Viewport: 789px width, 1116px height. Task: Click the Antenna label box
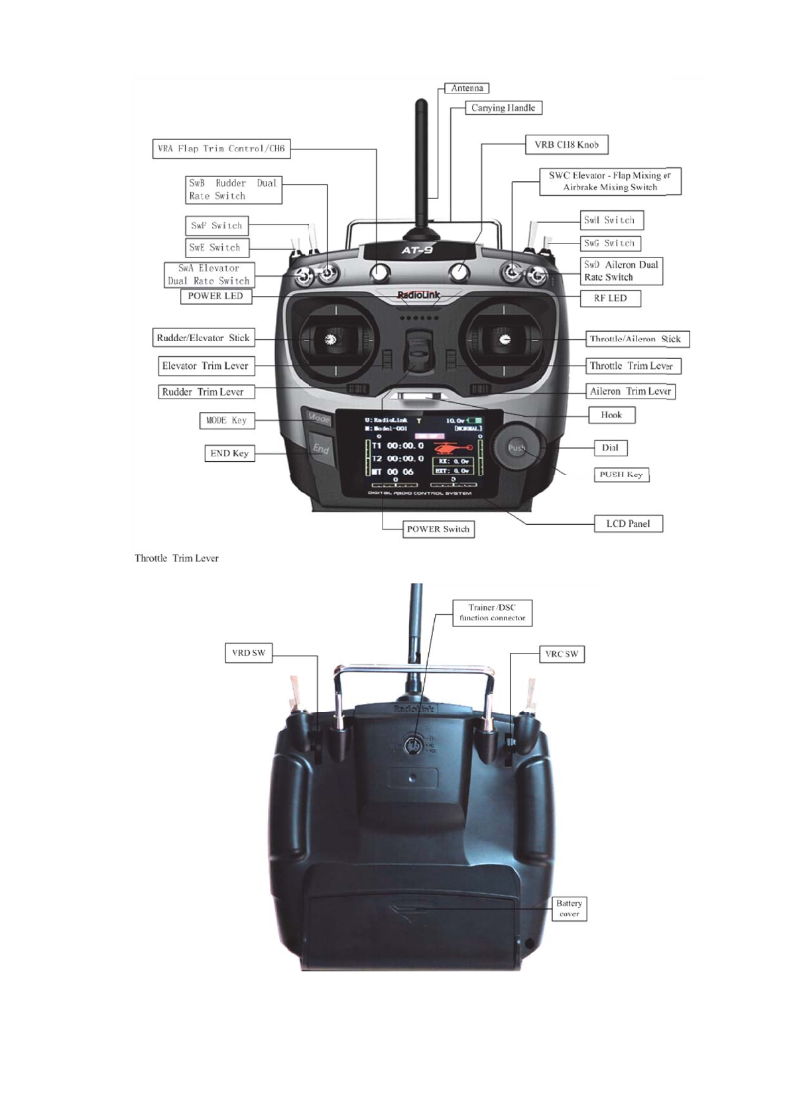click(x=466, y=88)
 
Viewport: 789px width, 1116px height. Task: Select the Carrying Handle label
click(x=503, y=108)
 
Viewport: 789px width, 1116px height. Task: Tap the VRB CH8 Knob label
click(x=566, y=145)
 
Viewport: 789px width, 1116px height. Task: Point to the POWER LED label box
click(x=215, y=296)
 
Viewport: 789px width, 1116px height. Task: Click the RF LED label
click(x=610, y=299)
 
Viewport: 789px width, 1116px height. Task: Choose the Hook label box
click(x=611, y=415)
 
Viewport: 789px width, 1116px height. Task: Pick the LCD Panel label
click(x=628, y=524)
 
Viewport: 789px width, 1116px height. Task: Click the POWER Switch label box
click(x=438, y=529)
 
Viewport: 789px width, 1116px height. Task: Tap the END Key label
click(x=229, y=453)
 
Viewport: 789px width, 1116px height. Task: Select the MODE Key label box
click(x=226, y=421)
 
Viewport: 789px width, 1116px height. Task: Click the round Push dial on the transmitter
click(x=517, y=448)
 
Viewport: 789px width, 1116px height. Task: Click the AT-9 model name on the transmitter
click(x=417, y=250)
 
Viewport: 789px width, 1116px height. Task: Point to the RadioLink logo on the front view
click(x=418, y=295)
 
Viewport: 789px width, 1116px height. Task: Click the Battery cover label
click(x=569, y=909)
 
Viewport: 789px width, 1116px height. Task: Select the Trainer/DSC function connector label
click(x=492, y=612)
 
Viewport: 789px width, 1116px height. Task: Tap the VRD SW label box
click(x=248, y=653)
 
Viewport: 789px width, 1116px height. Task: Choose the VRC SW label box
click(x=562, y=654)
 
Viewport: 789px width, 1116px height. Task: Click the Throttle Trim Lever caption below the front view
click(x=176, y=559)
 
